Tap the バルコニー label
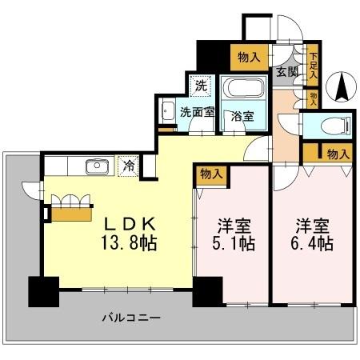point(132,318)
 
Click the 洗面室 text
point(196,113)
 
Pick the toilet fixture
point(336,125)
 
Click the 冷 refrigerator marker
point(127,166)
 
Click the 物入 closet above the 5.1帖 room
point(211,173)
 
